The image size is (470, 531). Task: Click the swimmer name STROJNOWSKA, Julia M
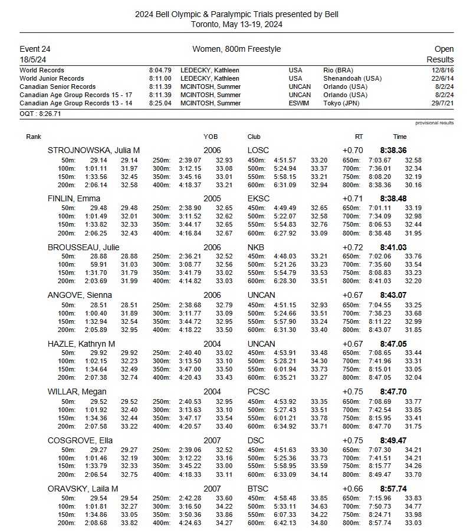pyautogui.click(x=93, y=151)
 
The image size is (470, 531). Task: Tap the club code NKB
pyautogui.click(x=256, y=247)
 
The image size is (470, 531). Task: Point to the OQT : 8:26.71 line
pyautogui.click(x=40, y=114)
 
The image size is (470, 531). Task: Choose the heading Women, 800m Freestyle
pyautogui.click(x=236, y=49)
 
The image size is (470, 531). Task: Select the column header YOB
pyautogui.click(x=211, y=137)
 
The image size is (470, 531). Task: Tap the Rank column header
pyautogui.click(x=34, y=137)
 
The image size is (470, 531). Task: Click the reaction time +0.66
pyautogui.click(x=353, y=489)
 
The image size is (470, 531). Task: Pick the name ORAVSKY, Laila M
pyautogui.click(x=83, y=489)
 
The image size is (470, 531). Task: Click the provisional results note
pyautogui.click(x=435, y=123)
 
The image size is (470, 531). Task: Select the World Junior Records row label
pyautogui.click(x=52, y=78)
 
